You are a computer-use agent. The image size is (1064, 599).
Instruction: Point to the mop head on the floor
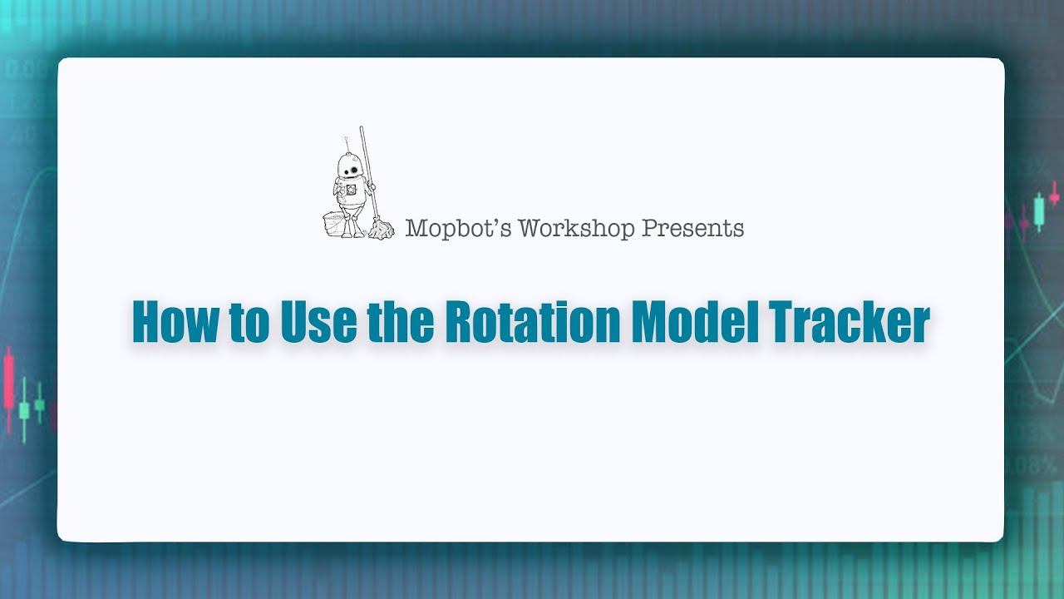[x=382, y=230]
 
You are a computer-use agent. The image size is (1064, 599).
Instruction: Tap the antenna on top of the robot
[x=347, y=141]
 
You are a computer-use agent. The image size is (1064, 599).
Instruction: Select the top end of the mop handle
[x=362, y=129]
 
